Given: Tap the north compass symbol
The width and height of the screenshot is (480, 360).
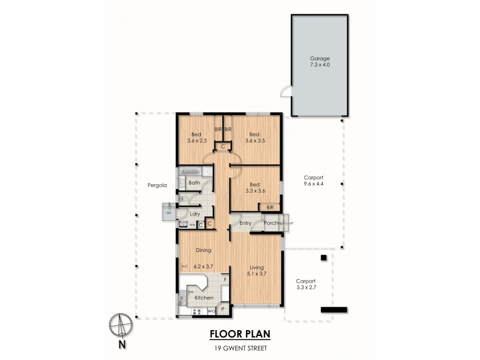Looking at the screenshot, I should click(121, 328).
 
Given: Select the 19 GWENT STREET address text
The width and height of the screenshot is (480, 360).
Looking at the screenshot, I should click(239, 348).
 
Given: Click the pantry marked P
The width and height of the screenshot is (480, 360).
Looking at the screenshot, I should click(223, 310).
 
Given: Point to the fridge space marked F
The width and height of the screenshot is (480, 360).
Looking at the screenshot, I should click(225, 279).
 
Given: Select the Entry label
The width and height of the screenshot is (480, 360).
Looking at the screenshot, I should click(245, 223).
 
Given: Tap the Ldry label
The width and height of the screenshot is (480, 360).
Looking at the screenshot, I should click(195, 214).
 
